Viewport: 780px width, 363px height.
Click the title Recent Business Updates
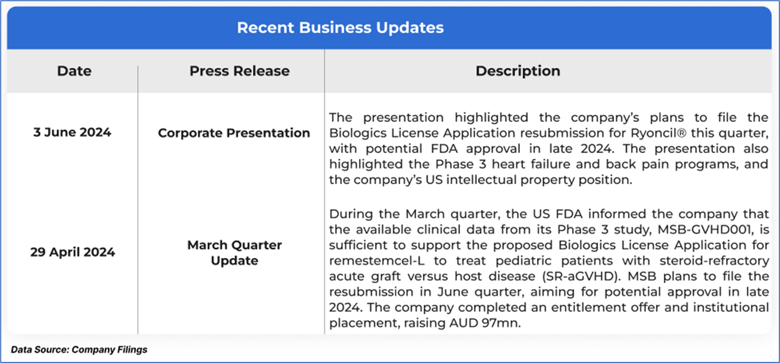coord(340,28)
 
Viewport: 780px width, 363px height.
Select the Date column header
coord(74,71)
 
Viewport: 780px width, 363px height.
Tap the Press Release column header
coord(240,71)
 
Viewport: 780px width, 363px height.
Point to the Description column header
coord(518,71)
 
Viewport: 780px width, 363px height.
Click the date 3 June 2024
coord(72,132)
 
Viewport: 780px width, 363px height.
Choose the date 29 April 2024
coord(72,252)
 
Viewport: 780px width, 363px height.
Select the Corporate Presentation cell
coord(234,133)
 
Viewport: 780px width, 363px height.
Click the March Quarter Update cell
coord(234,253)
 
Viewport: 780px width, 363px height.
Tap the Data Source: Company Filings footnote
coord(79,350)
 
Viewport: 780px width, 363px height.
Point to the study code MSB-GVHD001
coord(704,229)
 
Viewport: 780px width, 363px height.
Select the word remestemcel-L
coord(377,261)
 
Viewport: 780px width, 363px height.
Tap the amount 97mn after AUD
coord(501,323)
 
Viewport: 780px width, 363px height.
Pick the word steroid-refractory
coord(714,261)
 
